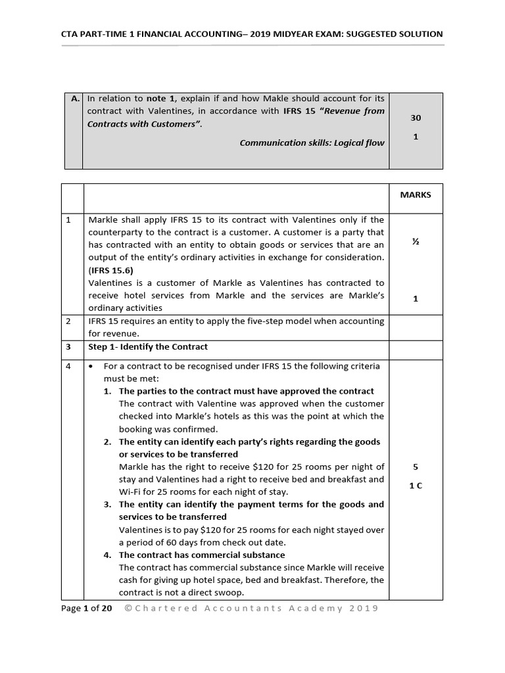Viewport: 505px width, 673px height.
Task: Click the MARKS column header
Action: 415,195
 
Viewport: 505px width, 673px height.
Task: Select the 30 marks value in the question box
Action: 415,118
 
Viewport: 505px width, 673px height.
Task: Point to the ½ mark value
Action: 415,242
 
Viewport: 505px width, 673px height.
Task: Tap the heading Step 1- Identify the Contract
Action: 148,346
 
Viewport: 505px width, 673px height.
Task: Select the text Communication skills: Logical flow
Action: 312,143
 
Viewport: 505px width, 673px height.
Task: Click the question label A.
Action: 75,99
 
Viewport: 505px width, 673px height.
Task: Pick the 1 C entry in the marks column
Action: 415,488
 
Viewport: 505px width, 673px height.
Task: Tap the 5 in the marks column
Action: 415,467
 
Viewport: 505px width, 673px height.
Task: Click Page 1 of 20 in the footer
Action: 86,608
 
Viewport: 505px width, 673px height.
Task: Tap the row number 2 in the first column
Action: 68,321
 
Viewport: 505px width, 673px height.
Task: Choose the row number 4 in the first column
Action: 68,366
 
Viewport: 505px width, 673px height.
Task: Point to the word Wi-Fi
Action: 131,492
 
